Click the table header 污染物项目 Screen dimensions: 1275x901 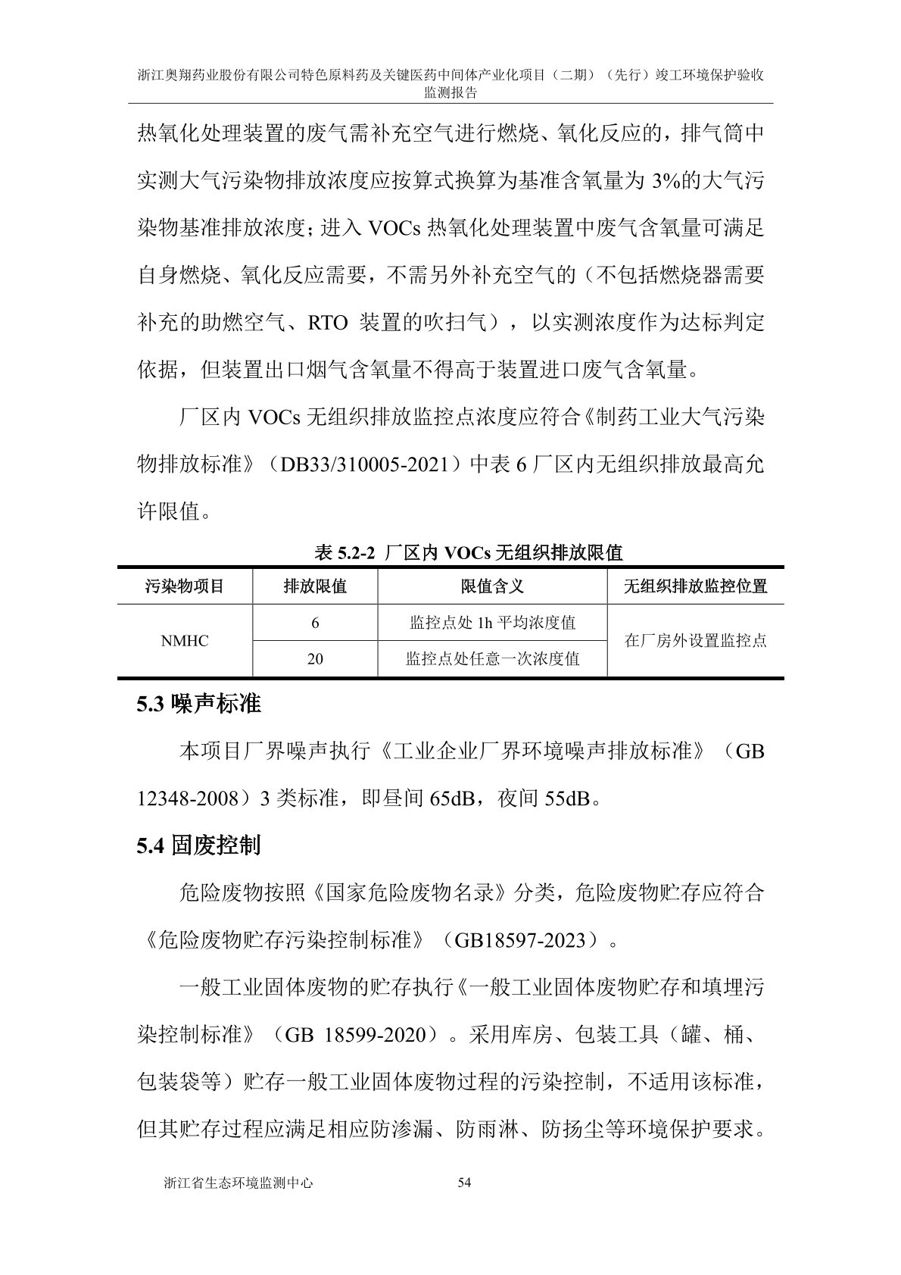184,586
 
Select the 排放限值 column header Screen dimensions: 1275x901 315,586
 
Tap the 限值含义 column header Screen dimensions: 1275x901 492,586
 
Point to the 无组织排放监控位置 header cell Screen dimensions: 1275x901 695,586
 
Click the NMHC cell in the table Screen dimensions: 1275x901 184,641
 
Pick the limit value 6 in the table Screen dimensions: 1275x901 315,623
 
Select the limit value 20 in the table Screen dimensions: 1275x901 315,659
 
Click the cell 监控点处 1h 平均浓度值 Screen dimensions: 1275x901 492,623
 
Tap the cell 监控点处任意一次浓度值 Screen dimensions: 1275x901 492,659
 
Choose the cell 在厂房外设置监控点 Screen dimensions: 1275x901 695,641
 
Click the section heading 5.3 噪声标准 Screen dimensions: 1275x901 198,705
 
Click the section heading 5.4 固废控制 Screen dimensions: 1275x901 198,845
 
